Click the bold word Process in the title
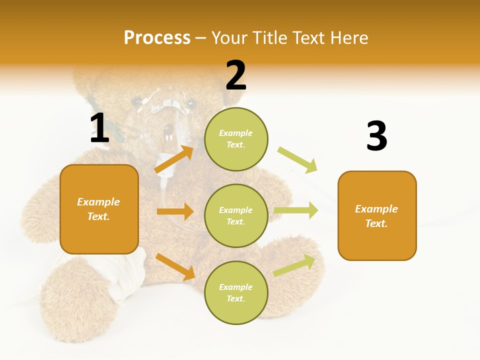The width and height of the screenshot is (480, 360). (x=157, y=37)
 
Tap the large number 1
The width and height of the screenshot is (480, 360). (x=99, y=128)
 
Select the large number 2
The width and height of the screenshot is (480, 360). (x=236, y=75)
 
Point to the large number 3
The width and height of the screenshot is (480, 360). (x=376, y=136)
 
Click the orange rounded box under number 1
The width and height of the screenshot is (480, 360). (x=99, y=209)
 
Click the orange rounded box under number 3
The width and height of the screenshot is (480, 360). (x=376, y=215)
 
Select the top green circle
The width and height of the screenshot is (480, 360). (x=236, y=139)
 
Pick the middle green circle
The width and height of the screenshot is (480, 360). (x=236, y=215)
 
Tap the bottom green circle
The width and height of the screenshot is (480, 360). (x=236, y=292)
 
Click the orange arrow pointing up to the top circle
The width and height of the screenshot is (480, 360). (x=174, y=159)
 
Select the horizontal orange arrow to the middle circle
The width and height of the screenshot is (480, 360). (x=175, y=211)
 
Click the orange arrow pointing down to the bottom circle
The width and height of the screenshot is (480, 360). (x=175, y=266)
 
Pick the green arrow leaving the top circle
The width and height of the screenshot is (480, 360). (x=297, y=159)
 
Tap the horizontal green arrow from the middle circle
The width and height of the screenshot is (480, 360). (x=296, y=210)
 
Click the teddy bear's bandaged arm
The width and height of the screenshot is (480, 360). (x=125, y=272)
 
